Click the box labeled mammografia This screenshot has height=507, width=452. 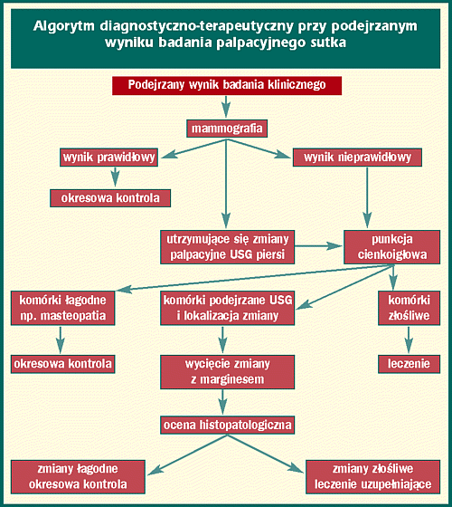tap(227, 129)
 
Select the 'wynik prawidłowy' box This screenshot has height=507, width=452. tap(108, 158)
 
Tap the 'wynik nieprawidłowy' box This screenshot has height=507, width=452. tap(357, 158)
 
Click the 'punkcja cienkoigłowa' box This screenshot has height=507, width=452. tap(392, 247)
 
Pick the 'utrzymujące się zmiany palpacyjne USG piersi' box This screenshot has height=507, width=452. tap(227, 247)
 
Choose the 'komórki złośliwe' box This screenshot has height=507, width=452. tap(409, 308)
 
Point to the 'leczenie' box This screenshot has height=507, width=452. tap(409, 364)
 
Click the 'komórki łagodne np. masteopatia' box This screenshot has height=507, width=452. tap(62, 308)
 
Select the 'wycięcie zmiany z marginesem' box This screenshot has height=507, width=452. tap(227, 372)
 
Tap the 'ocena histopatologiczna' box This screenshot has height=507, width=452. tap(227, 425)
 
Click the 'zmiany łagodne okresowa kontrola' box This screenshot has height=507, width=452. tap(78, 477)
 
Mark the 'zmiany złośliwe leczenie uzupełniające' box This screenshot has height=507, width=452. tap(372, 477)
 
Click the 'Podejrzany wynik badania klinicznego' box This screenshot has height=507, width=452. tap(227, 85)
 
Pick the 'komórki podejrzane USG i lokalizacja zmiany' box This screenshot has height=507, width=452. tap(227, 308)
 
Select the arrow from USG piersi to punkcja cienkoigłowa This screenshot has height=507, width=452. tap(318, 246)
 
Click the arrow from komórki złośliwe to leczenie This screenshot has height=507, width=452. tap(409, 340)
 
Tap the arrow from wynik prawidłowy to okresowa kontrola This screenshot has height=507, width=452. tap(116, 177)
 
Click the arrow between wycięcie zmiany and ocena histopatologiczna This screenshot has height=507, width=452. tap(222, 402)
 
